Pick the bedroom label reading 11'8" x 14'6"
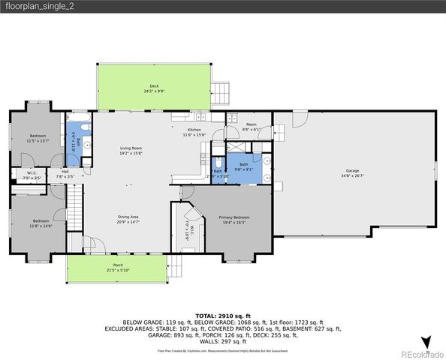[41, 223]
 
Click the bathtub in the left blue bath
[73, 138]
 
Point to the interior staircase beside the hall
[74, 209]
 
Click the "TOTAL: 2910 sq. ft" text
[222, 316]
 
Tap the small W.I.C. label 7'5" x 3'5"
[32, 175]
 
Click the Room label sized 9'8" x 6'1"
[251, 127]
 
